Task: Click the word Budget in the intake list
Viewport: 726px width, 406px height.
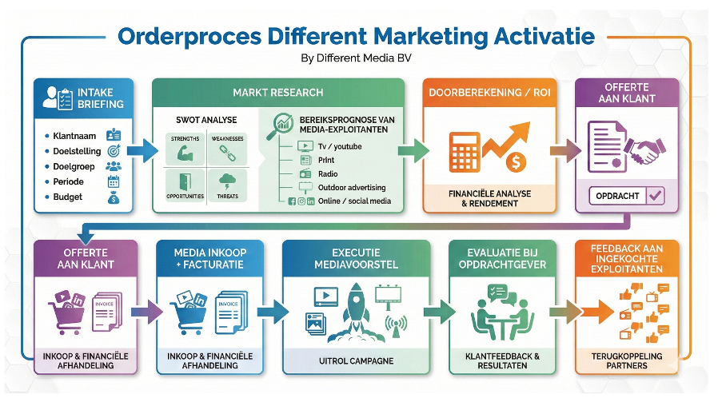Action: click(68, 197)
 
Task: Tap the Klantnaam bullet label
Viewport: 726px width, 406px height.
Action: click(74, 136)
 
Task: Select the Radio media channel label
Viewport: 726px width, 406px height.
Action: click(328, 174)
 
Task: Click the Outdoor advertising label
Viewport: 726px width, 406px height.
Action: click(351, 188)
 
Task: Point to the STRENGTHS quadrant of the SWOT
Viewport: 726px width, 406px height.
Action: click(185, 148)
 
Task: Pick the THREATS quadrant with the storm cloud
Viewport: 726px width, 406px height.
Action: click(226, 184)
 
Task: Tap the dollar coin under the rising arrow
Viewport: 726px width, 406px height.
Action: click(515, 161)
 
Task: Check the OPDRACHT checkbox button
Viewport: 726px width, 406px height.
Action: click(627, 196)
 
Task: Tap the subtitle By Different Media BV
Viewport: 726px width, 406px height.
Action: click(357, 58)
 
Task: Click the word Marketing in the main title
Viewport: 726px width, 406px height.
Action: click(433, 36)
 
